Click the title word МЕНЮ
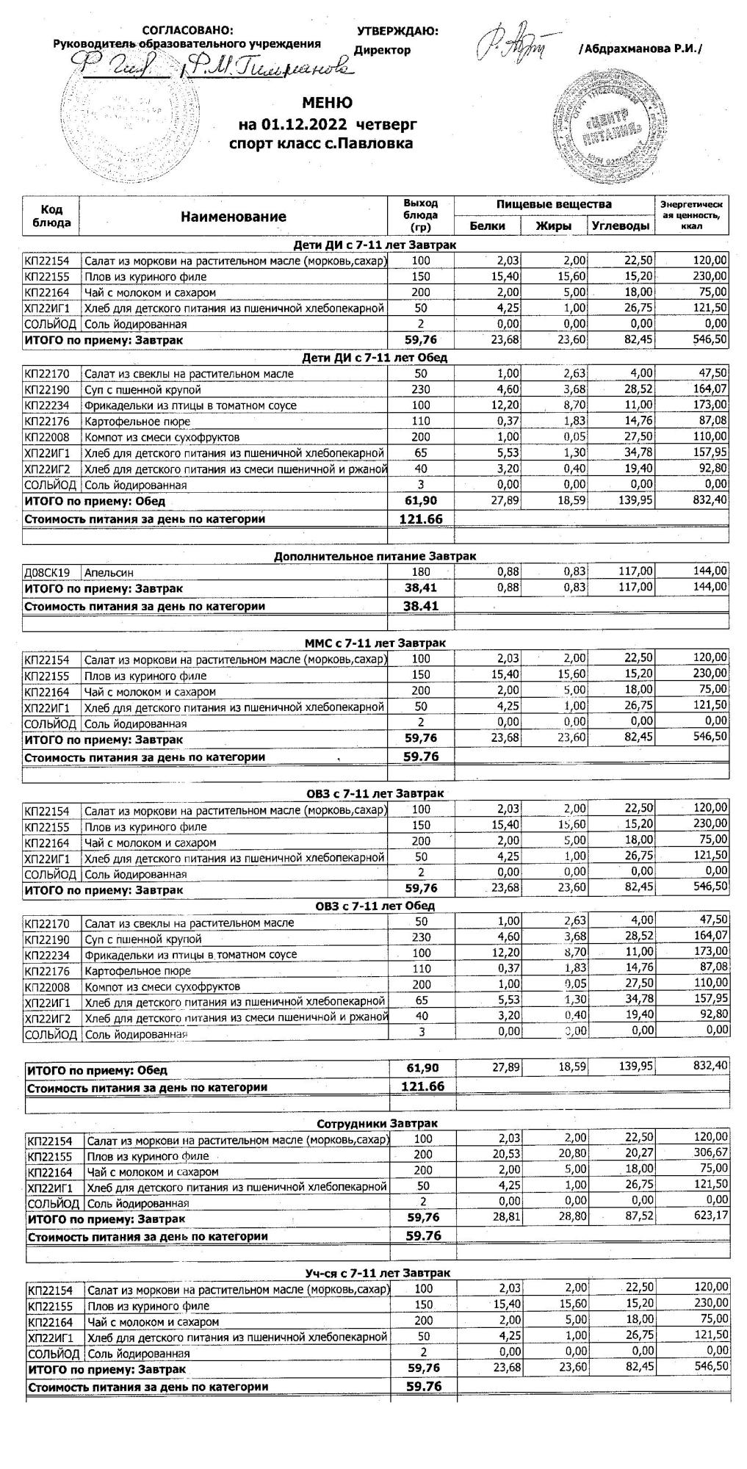(x=327, y=103)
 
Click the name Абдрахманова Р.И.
(x=640, y=48)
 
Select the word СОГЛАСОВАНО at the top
(x=187, y=30)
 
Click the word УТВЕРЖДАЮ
(x=397, y=32)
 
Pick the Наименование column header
(x=233, y=217)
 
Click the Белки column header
(x=487, y=225)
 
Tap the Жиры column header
(x=553, y=225)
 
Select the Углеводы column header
(x=621, y=225)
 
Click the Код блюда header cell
(x=51, y=216)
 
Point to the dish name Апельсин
(x=109, y=572)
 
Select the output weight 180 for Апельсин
(x=421, y=572)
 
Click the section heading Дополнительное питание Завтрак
(x=375, y=556)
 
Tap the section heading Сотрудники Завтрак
(x=377, y=1123)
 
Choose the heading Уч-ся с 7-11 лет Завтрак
(x=378, y=1272)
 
